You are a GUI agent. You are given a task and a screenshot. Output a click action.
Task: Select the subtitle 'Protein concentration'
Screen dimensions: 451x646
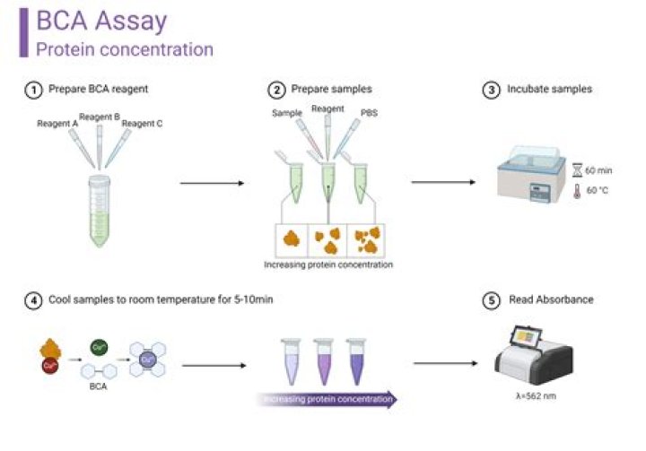click(x=125, y=49)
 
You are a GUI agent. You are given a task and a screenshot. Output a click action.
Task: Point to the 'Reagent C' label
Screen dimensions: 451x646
click(x=142, y=124)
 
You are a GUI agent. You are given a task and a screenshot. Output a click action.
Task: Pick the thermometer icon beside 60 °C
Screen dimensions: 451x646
click(x=577, y=190)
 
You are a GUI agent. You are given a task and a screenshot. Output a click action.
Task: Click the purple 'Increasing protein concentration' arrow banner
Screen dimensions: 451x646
click(x=328, y=398)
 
